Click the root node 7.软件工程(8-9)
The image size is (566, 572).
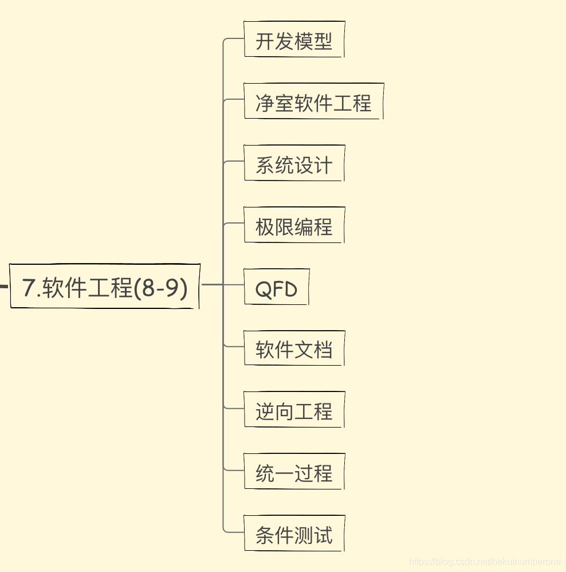pos(105,286)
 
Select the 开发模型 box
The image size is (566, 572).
pos(294,40)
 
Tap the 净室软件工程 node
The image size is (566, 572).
pos(313,101)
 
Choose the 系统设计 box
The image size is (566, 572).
pos(294,164)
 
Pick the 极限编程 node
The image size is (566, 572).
pos(294,226)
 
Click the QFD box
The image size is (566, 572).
pos(276,287)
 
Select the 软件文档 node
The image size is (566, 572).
pos(294,348)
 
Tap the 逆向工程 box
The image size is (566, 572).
pos(294,410)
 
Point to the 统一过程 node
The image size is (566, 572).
pos(294,472)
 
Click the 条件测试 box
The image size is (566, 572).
pos(294,534)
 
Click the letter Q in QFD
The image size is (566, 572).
pos(263,289)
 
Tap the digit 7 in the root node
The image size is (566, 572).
pos(28,287)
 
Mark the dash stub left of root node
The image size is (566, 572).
pos(3,285)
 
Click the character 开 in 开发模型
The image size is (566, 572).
pos(265,41)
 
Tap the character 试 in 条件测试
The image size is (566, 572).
pos(324,535)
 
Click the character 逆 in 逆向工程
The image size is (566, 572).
pos(265,412)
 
